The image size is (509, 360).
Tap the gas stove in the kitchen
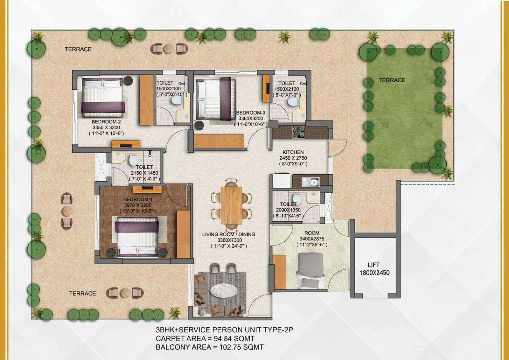(299, 132)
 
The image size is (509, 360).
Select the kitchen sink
(310, 182)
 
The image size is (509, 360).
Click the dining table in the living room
(231, 205)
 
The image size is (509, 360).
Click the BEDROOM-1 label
(138, 199)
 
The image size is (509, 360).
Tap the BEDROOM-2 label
(106, 122)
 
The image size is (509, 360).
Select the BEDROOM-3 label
(251, 113)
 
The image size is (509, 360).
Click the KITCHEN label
(293, 152)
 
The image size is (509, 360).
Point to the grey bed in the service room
(310, 271)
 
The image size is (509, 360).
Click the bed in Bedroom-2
(103, 98)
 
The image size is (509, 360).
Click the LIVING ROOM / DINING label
(229, 234)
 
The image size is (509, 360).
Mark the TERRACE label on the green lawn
(392, 80)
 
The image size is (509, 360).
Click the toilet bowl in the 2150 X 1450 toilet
(132, 160)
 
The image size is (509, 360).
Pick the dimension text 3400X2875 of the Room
(312, 239)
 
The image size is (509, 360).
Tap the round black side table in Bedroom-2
(128, 80)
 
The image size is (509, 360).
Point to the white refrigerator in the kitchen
(282, 180)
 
